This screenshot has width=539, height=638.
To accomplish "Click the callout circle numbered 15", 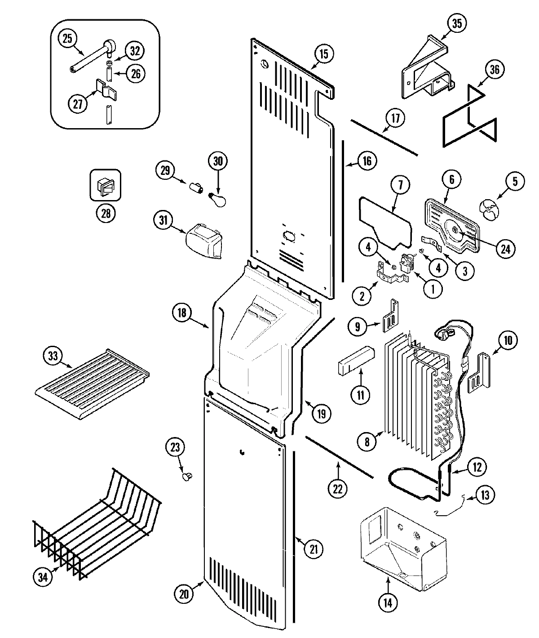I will point(324,54).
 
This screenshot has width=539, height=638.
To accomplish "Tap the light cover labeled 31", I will point(205,241).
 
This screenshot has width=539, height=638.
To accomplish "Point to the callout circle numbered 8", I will point(367,442).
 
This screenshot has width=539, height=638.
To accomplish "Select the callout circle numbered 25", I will point(67,39).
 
